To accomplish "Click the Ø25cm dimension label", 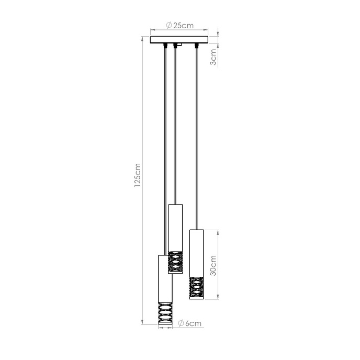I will point(179,25).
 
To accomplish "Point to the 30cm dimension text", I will point(212,265).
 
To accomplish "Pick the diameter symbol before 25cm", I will point(168,25).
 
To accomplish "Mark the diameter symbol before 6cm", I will point(180,324).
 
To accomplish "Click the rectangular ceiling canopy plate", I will point(179,39).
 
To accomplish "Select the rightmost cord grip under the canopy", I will point(196,46).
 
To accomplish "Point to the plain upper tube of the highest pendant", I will point(175,228).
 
